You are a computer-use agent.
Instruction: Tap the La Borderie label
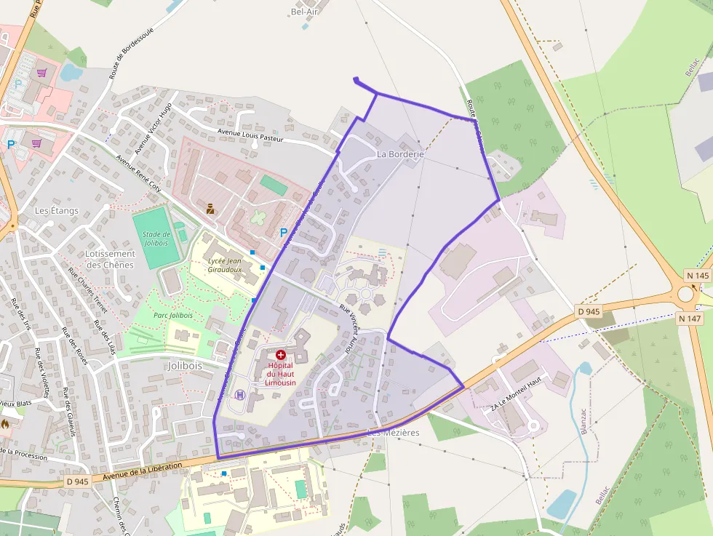coord(400,155)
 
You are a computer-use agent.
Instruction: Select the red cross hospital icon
coord(281,354)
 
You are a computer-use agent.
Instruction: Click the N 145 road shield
coord(698,276)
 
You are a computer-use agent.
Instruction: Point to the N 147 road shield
coord(688,318)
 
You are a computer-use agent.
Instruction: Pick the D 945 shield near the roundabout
coord(589,312)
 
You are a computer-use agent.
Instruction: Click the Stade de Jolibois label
coord(156,239)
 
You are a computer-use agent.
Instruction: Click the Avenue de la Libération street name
coord(142,471)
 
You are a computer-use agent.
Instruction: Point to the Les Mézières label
coord(393,433)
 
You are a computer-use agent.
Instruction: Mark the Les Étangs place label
coord(57,211)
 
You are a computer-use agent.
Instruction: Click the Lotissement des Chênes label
coord(109,259)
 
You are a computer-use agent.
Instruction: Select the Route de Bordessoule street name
coord(124,57)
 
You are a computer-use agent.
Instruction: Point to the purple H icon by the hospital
coord(240,395)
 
